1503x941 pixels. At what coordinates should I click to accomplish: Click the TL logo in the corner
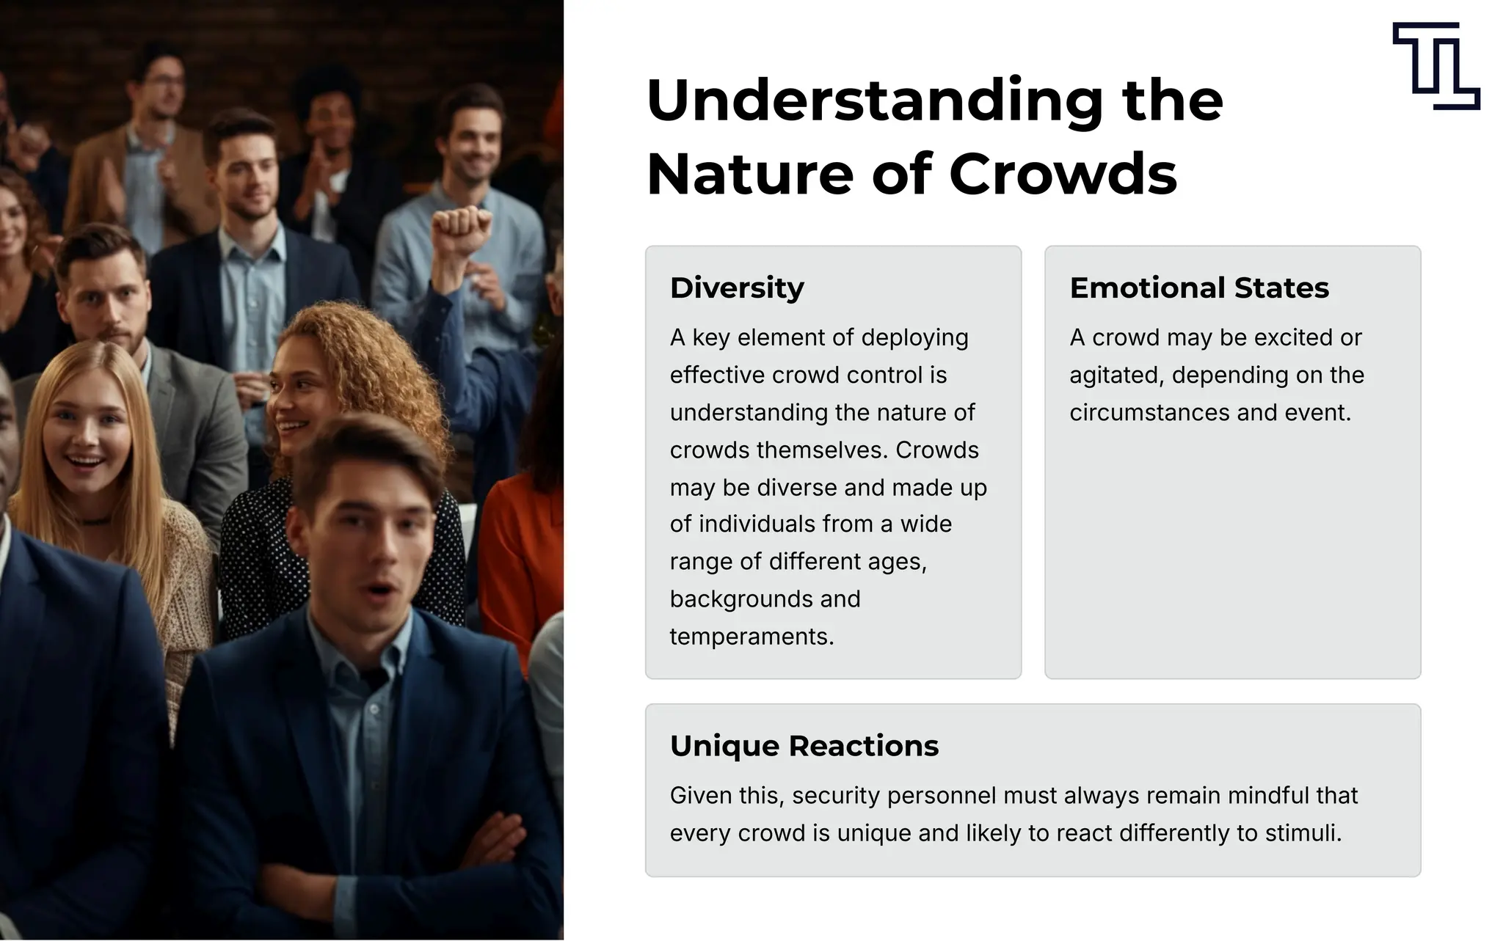(1435, 66)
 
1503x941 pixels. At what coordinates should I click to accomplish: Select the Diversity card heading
(737, 288)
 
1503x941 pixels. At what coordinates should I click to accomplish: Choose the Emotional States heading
(1199, 288)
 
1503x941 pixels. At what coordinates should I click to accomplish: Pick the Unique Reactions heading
(804, 746)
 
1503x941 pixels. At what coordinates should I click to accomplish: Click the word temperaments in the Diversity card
(751, 637)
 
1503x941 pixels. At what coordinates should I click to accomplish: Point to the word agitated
(1116, 376)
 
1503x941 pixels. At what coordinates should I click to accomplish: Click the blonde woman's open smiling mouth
(85, 463)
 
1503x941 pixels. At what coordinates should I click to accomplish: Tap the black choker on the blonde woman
(95, 521)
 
